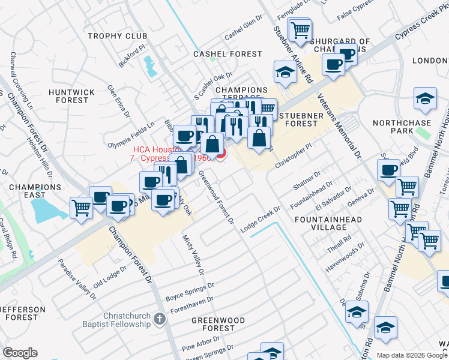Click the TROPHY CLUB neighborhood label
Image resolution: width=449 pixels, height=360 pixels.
click(118, 36)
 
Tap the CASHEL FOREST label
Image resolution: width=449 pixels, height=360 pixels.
click(228, 54)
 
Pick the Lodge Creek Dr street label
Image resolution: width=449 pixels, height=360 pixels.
click(261, 220)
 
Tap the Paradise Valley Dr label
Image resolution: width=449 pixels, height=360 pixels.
click(77, 279)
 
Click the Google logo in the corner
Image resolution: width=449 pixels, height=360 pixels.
click(20, 353)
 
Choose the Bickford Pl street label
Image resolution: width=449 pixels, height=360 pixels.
click(132, 55)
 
